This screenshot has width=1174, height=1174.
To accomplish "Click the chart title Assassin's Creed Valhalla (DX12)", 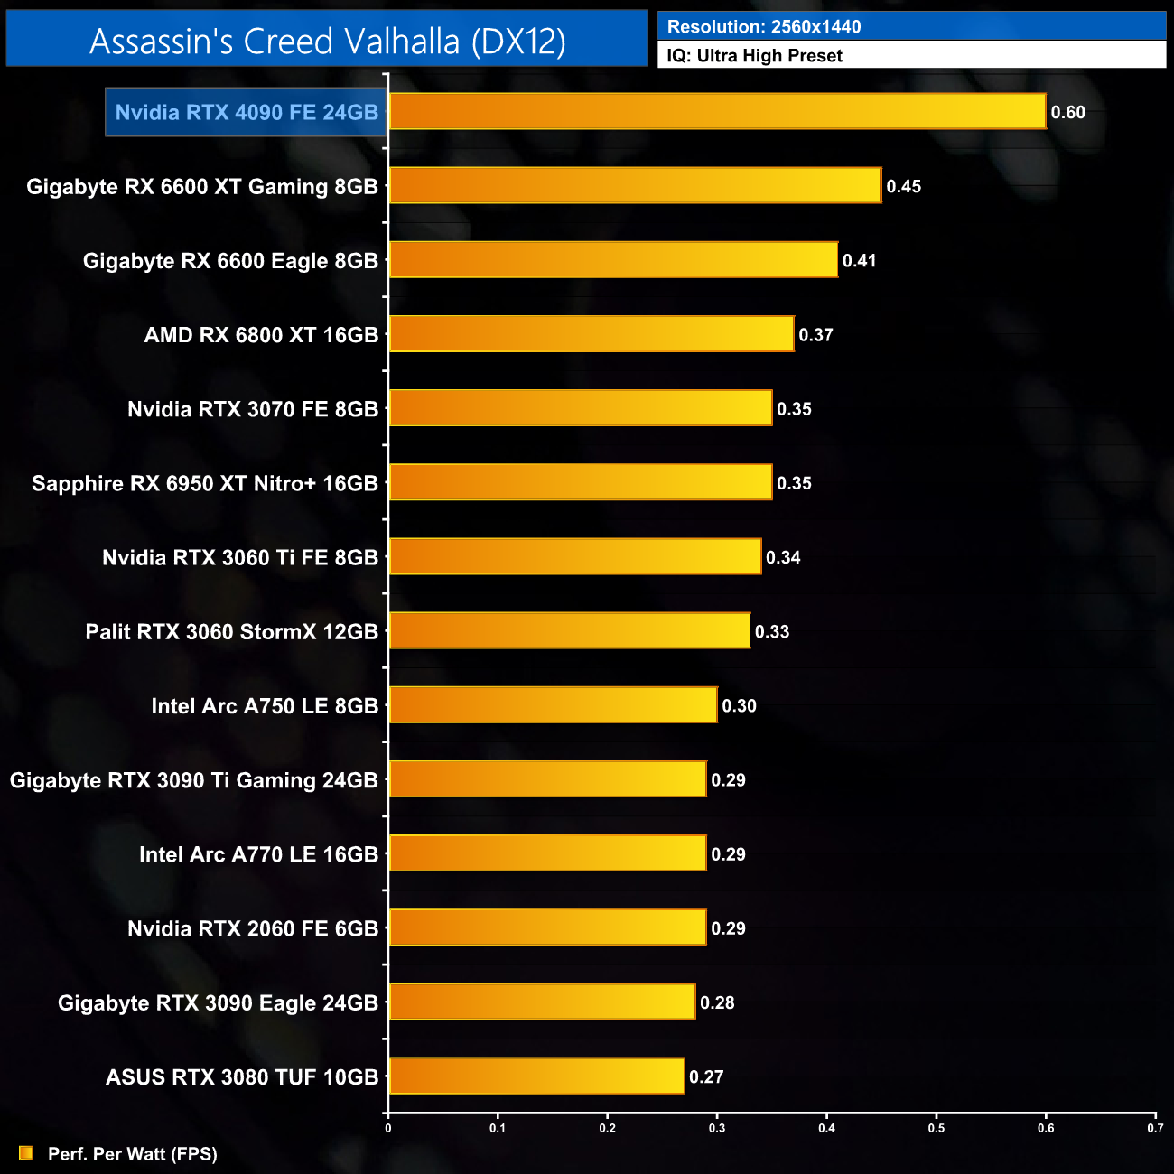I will tap(327, 42).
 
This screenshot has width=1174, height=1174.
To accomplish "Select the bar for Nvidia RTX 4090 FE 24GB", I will tap(717, 112).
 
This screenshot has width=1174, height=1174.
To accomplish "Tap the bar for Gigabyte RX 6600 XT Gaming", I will tap(635, 186).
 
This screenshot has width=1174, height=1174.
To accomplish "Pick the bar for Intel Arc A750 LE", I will tap(553, 705).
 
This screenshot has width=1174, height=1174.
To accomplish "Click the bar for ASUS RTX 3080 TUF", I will tap(536, 1076).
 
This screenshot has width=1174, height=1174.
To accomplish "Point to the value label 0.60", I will tap(1067, 113).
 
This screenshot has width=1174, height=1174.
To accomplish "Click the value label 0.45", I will tap(903, 187).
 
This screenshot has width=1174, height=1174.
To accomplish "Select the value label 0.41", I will tap(859, 261).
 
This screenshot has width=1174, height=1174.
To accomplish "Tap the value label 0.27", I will tap(706, 1077).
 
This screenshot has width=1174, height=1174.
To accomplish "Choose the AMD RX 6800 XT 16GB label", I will tap(261, 335).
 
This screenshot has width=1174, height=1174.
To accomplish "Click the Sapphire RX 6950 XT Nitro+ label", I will tap(205, 484).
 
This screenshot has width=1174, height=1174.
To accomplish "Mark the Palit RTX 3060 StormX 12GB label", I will tap(231, 632).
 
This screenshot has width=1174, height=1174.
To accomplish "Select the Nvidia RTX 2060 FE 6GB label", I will tap(253, 929).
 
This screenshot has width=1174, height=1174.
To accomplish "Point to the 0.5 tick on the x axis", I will tap(936, 1128).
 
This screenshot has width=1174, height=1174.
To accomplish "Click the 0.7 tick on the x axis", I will tap(1155, 1128).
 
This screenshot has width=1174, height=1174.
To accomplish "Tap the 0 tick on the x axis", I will tap(388, 1128).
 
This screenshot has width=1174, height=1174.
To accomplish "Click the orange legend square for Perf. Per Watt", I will tap(26, 1153).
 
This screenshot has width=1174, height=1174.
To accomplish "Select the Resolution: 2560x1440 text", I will tap(764, 27).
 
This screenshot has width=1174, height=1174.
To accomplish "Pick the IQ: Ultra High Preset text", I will tap(754, 56).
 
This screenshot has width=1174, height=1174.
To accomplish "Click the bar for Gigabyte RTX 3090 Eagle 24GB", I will tap(542, 1002).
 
